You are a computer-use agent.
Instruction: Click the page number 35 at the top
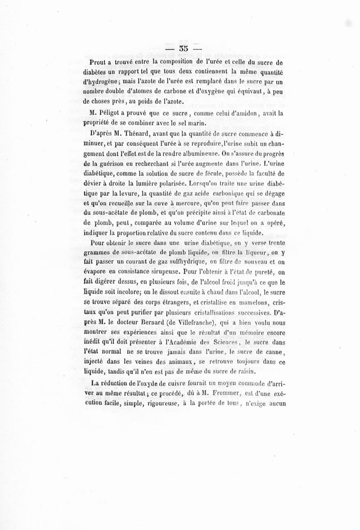[x=183, y=48]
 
